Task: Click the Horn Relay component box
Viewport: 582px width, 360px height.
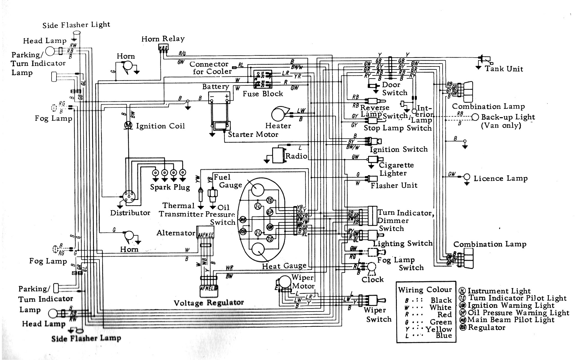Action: [x=163, y=48]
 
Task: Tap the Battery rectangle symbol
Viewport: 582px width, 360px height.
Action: [x=219, y=97]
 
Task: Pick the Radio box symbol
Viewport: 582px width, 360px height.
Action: [x=279, y=155]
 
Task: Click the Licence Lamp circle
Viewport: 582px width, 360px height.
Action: [x=467, y=177]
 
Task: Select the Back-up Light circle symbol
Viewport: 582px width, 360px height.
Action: [x=475, y=117]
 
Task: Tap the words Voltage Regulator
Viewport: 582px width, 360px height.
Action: [x=209, y=303]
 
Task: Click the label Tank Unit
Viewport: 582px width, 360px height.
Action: [x=504, y=69]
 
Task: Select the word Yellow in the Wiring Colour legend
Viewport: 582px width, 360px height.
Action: [x=439, y=329]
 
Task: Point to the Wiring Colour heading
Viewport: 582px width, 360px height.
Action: [x=425, y=290]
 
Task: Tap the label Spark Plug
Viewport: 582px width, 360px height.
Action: [x=170, y=187]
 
